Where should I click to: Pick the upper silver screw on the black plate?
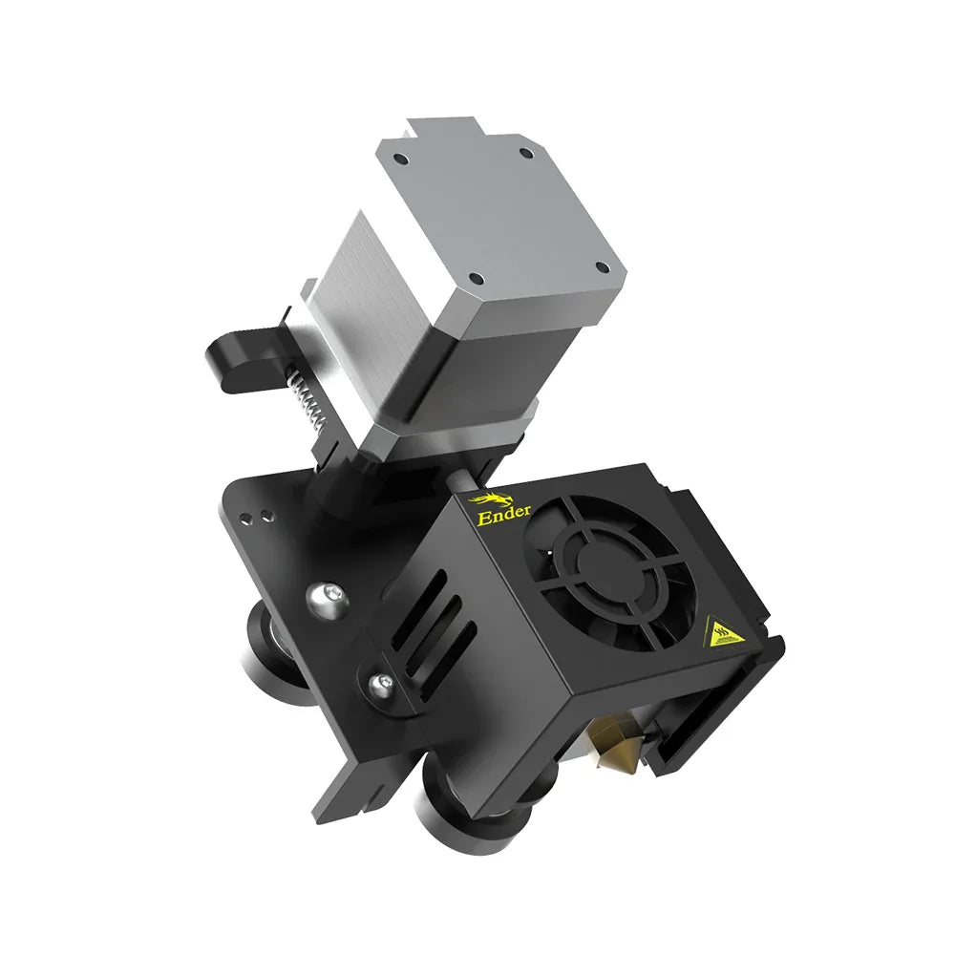coord(318,598)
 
